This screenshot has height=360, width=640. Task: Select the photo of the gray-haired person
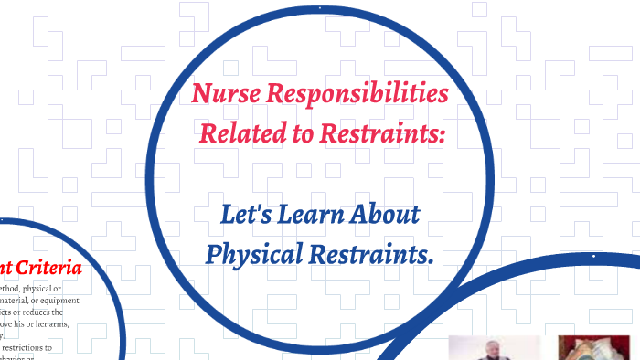pyautogui.click(x=494, y=348)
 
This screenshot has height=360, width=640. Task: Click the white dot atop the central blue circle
pyautogui.click(x=320, y=8)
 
